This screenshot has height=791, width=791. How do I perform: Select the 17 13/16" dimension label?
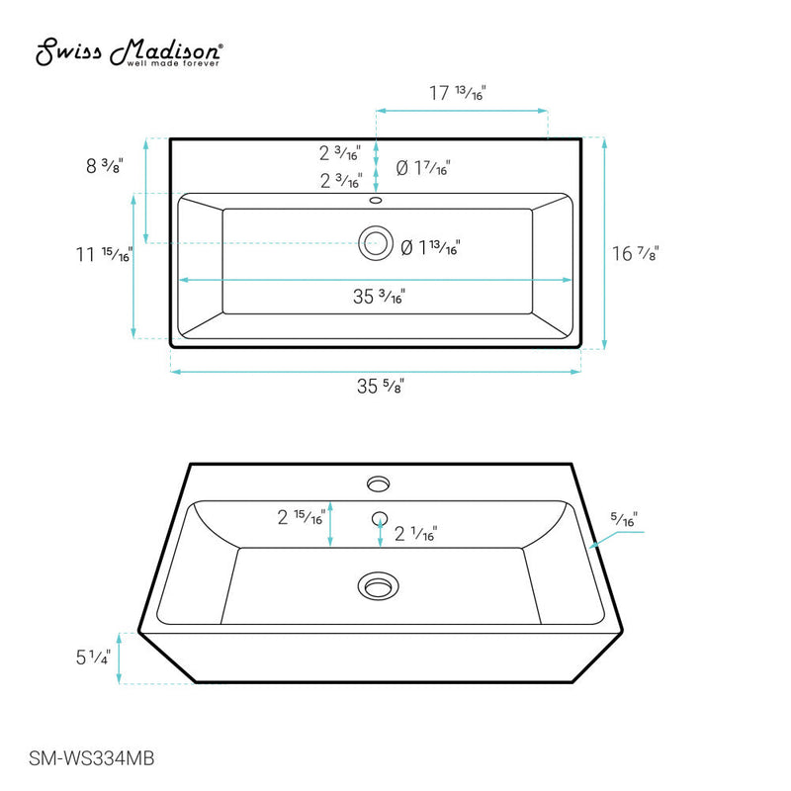tap(457, 94)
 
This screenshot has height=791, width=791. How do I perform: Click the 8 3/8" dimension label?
tap(104, 166)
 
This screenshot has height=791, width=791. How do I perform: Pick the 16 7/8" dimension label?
tap(636, 253)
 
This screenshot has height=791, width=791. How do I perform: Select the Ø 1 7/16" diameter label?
tap(423, 169)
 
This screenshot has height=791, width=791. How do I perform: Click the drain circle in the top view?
tap(375, 242)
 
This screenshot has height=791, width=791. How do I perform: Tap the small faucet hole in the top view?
tap(375, 201)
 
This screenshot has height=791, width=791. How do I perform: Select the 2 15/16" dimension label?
tap(301, 517)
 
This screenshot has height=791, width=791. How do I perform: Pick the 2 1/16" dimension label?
tap(416, 535)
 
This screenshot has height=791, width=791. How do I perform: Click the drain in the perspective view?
tap(377, 586)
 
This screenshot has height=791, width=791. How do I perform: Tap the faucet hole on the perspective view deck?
tap(378, 483)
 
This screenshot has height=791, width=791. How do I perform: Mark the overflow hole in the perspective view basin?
tap(378, 517)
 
